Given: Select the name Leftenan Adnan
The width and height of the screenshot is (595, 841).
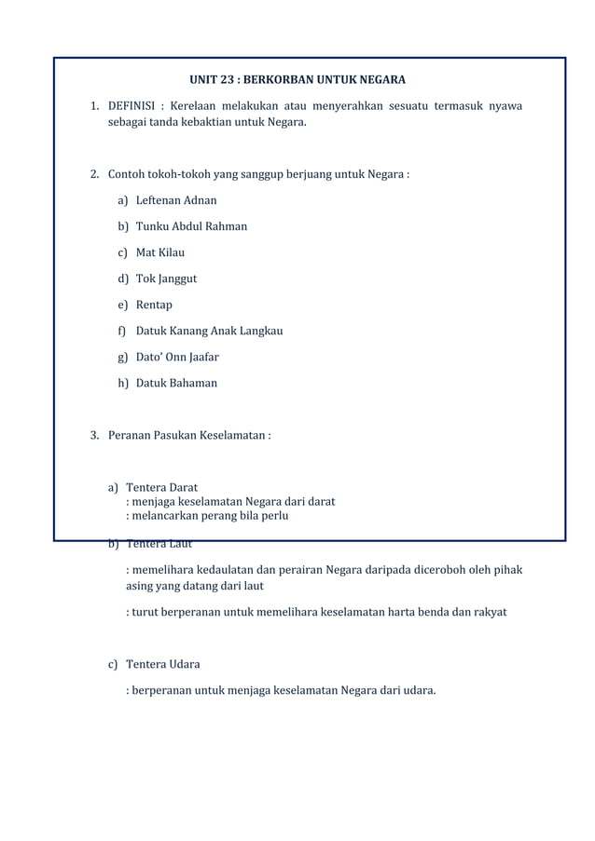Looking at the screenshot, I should pyautogui.click(x=176, y=200).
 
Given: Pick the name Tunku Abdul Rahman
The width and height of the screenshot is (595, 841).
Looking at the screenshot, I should pyautogui.click(x=191, y=226).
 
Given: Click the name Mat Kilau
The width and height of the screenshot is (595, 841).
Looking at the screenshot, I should pyautogui.click(x=160, y=252).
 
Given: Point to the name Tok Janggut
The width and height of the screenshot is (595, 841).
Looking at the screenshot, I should pyautogui.click(x=166, y=278).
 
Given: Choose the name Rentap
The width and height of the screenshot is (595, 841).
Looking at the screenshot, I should pyautogui.click(x=154, y=305).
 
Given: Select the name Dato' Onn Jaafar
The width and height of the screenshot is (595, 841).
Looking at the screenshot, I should pyautogui.click(x=177, y=357).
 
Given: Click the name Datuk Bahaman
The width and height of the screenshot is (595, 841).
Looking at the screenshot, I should pyautogui.click(x=176, y=383).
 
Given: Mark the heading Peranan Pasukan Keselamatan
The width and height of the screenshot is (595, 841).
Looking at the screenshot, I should pyautogui.click(x=187, y=435).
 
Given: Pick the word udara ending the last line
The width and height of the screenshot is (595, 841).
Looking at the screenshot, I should pyautogui.click(x=416, y=690).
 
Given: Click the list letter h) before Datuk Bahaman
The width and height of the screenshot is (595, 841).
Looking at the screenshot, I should pyautogui.click(x=123, y=383).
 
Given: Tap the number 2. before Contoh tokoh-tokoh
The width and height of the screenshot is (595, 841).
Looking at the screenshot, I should pyautogui.click(x=95, y=174).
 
